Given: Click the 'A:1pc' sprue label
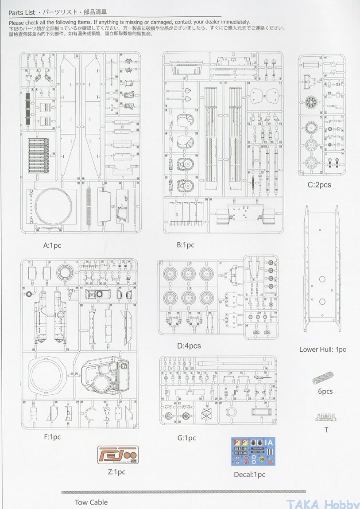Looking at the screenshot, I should tap(52, 245).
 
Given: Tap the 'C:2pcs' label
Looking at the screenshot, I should tap(319, 184).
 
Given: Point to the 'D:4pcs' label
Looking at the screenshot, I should tap(189, 346).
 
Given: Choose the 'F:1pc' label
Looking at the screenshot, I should tap(52, 437).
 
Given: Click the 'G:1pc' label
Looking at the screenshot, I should tap(186, 438).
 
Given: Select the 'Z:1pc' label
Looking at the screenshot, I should tap(116, 472).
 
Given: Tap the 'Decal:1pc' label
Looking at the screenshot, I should tap(249, 474).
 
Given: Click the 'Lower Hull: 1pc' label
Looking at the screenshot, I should tap(322, 349).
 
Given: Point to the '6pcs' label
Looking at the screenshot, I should tap(325, 391).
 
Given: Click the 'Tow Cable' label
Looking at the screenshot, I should tap(91, 502).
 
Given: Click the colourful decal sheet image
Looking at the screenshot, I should tap(253, 451).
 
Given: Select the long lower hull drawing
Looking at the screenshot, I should tap(322, 270).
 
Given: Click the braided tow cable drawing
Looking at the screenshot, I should tap(183, 492).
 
